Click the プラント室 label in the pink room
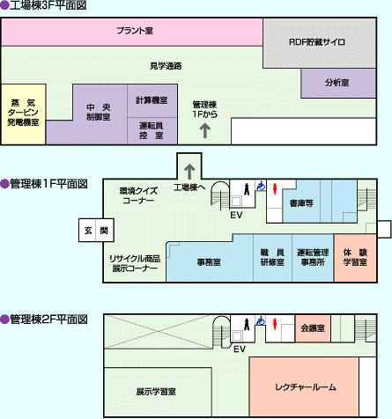135,31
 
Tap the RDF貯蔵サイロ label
317,42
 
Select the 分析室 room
338,83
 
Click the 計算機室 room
152,101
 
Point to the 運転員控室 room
152,131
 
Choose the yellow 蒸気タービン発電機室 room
23,114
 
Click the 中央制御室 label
99,112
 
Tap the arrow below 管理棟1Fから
205,130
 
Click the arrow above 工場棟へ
189,172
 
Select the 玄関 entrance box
96,231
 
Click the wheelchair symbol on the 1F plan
260,186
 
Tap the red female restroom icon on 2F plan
275,324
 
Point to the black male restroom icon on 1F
247,188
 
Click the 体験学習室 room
355,258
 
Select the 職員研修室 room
272,258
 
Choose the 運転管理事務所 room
313,258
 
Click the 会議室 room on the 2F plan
313,328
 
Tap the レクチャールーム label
306,387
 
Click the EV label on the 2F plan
240,349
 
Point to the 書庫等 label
301,203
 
